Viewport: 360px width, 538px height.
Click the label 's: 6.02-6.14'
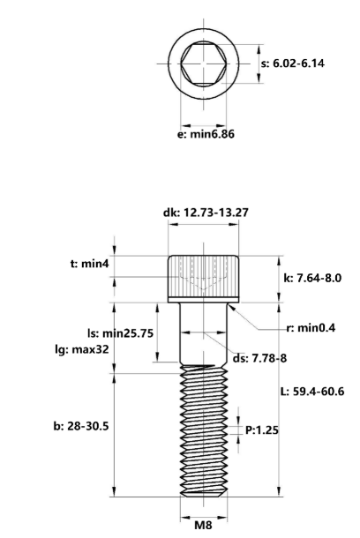pyautogui.click(x=303, y=64)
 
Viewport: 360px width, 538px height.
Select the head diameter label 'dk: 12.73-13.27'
pyautogui.click(x=204, y=213)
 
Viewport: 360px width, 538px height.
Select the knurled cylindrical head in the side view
pyautogui.click(x=204, y=278)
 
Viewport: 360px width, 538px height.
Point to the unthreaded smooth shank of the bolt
pyautogui.click(x=204, y=335)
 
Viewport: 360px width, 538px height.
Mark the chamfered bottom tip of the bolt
pyautogui.click(x=204, y=492)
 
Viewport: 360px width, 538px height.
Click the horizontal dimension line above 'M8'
pyautogui.click(x=204, y=509)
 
